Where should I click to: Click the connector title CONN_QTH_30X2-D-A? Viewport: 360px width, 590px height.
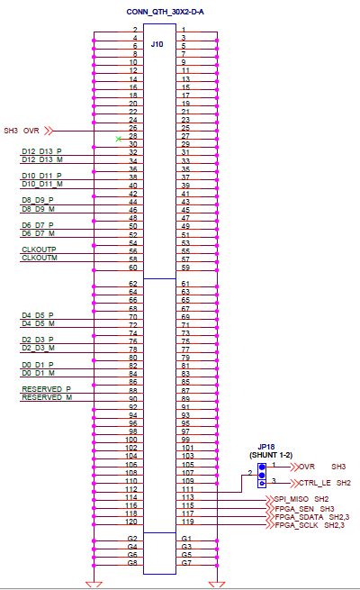(x=165, y=12)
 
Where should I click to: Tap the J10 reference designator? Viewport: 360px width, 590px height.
(x=157, y=44)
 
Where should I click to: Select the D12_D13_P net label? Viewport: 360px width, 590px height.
(x=41, y=151)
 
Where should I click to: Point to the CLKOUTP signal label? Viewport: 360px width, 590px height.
(x=39, y=250)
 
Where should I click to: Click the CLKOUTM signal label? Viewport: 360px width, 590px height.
(x=40, y=258)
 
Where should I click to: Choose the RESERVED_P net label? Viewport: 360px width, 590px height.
(x=46, y=389)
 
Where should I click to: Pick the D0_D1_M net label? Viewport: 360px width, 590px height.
(x=38, y=373)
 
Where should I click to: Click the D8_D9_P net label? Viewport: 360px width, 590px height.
(x=38, y=200)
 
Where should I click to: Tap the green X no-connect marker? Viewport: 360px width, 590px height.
(x=119, y=139)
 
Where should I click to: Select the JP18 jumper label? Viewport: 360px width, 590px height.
(x=266, y=447)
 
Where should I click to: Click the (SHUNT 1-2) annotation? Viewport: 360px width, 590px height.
(x=271, y=455)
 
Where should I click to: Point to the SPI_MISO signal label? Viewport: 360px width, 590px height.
(x=292, y=499)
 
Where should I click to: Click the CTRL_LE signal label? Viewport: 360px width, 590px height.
(x=315, y=483)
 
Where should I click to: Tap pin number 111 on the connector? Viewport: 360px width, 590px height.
(x=187, y=489)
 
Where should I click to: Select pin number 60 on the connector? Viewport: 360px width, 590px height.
(x=133, y=268)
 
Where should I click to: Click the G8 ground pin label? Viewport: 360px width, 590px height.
(x=132, y=563)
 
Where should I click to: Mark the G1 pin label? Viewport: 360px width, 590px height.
(x=186, y=539)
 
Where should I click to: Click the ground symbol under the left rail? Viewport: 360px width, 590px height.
(x=94, y=585)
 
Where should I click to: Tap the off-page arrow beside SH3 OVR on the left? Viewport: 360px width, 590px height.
(x=49, y=131)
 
